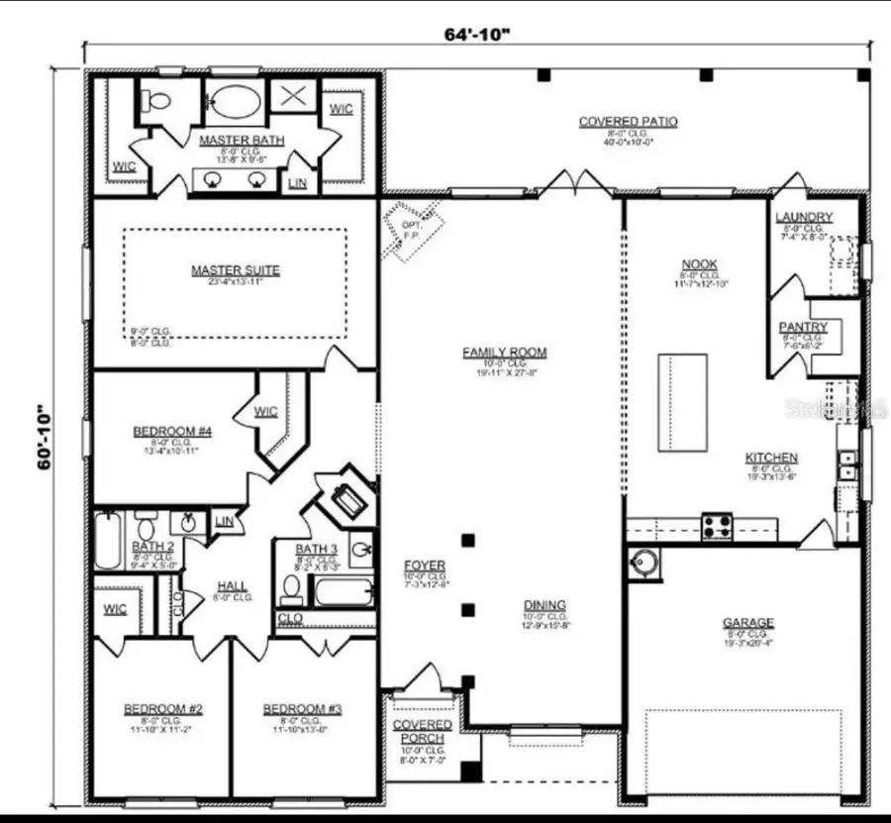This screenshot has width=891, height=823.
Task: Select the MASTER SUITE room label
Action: pyautogui.click(x=236, y=269)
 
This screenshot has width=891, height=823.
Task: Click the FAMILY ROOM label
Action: pyautogui.click(x=504, y=352)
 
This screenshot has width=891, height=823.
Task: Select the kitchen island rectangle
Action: pyautogui.click(x=682, y=402)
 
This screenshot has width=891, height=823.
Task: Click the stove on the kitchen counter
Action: pyautogui.click(x=717, y=526)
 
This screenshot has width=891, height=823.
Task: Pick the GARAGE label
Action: pyautogui.click(x=747, y=622)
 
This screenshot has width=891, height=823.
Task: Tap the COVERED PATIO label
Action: pyautogui.click(x=628, y=122)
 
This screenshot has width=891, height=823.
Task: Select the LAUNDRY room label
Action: pyautogui.click(x=804, y=217)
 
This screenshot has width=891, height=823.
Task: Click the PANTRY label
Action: pyautogui.click(x=803, y=327)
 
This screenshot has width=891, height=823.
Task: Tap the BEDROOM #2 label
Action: pyautogui.click(x=163, y=709)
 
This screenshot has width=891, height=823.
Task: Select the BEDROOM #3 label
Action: pyautogui.click(x=302, y=709)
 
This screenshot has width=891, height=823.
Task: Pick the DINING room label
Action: pyautogui.click(x=544, y=605)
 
